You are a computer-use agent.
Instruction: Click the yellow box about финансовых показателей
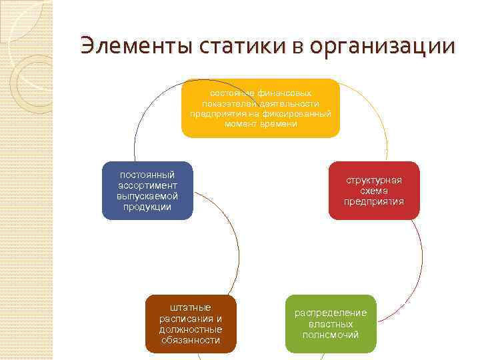(x=261, y=108)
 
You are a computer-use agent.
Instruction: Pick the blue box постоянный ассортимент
(x=147, y=190)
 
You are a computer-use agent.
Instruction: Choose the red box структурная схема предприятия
(x=374, y=191)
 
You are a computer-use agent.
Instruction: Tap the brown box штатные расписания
(x=191, y=323)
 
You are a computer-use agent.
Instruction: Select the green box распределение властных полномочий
(x=331, y=324)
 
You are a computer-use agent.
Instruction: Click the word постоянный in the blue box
(x=147, y=175)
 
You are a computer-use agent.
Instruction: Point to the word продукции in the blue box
(x=147, y=207)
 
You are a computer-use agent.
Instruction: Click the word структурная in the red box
(x=374, y=180)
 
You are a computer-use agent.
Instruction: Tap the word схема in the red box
(x=374, y=191)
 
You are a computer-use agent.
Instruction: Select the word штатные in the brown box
(x=191, y=307)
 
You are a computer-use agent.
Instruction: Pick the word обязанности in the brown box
(x=191, y=340)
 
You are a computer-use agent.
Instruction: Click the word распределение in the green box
(x=331, y=313)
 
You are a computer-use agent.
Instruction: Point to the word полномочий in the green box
(x=331, y=335)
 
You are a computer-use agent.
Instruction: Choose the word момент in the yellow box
(x=243, y=124)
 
